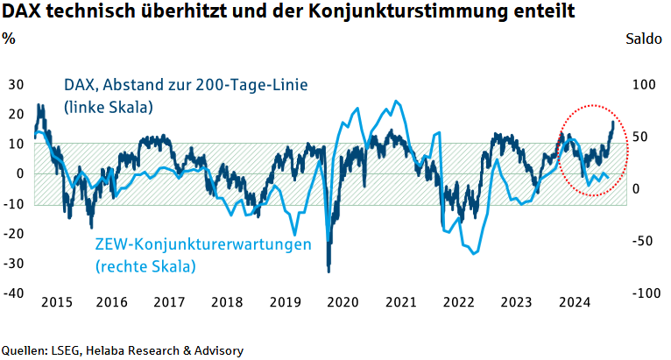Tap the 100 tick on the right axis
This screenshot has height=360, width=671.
tap(643, 84)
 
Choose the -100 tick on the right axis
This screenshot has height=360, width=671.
tap(643, 293)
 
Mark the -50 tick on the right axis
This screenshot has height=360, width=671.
tap(643, 240)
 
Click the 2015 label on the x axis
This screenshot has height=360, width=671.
tap(56, 302)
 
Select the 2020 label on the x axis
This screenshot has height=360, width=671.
tap(343, 302)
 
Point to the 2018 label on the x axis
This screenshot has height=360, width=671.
tap(227, 302)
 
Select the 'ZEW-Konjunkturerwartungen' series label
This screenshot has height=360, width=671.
tap(203, 244)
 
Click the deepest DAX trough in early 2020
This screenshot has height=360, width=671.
tap(328, 270)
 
